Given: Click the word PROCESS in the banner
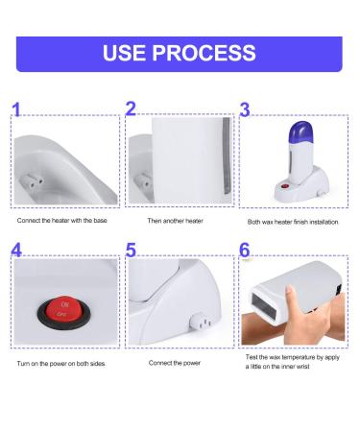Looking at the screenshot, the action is pyautogui.click(x=204, y=53).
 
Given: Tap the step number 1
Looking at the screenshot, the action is pyautogui.click(x=16, y=109).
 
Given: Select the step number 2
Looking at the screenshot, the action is pyautogui.click(x=131, y=108).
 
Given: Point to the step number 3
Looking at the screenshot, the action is pyautogui.click(x=245, y=109).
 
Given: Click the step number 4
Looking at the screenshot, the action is pyautogui.click(x=16, y=250).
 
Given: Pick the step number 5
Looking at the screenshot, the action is pyautogui.click(x=131, y=250).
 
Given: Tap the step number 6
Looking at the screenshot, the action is pyautogui.click(x=245, y=250).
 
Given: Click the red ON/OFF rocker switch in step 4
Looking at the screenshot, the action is pyautogui.click(x=63, y=311).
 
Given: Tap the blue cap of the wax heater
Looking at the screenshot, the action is pyautogui.click(x=301, y=132).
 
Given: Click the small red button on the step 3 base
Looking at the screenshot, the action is pyautogui.click(x=285, y=186).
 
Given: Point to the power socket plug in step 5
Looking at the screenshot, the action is pyautogui.click(x=201, y=322).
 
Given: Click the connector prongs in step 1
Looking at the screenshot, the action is pyautogui.click(x=33, y=180).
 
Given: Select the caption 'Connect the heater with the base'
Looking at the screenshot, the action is pyautogui.click(x=62, y=221).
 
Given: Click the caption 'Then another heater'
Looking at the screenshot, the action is pyautogui.click(x=176, y=221).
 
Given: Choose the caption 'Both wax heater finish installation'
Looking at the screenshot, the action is pyautogui.click(x=293, y=222).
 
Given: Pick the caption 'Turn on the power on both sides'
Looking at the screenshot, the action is pyautogui.click(x=61, y=364).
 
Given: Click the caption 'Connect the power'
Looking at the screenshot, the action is pyautogui.click(x=175, y=363).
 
